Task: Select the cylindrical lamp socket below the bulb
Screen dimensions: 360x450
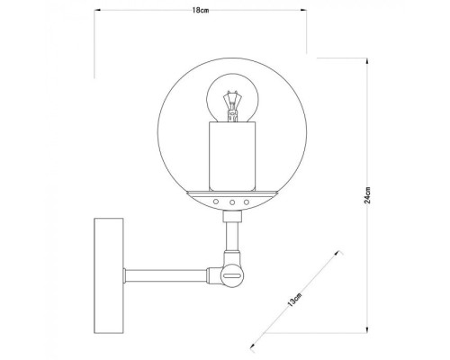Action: point(231,156)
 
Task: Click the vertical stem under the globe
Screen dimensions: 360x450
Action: point(231,238)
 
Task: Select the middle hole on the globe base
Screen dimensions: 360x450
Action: point(231,202)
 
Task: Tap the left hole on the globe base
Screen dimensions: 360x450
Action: point(216,202)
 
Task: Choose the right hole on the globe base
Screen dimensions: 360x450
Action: point(247,202)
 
